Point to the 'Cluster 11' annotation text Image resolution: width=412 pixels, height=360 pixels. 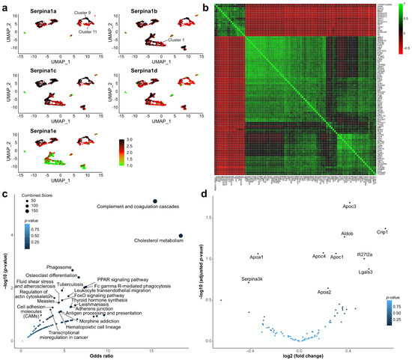[x=87, y=31]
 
